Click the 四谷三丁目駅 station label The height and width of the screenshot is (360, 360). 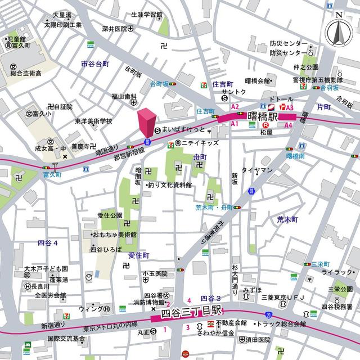[192, 312]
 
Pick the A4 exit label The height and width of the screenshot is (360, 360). [288, 125]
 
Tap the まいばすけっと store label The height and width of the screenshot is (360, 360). [179, 129]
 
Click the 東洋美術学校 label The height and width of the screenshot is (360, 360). [93, 121]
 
